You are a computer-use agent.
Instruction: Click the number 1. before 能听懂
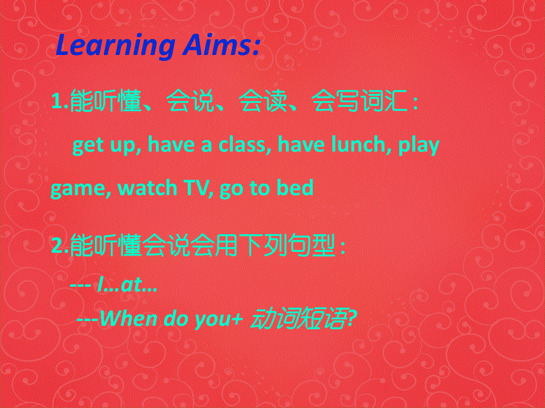click(60, 103)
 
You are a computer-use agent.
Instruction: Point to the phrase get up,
click(106, 145)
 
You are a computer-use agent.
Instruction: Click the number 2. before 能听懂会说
click(60, 245)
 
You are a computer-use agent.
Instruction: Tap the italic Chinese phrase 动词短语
click(299, 319)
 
